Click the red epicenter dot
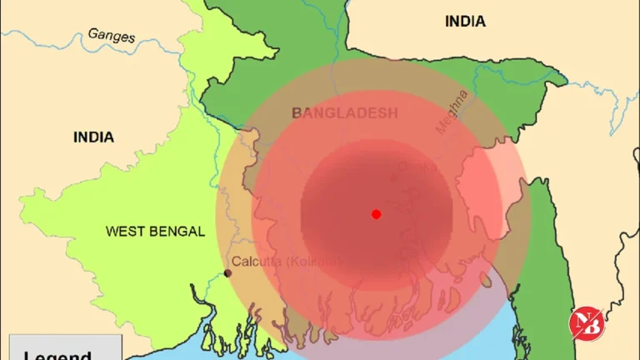[376, 214]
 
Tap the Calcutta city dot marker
[227, 273]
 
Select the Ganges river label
[111, 35]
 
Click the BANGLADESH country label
[344, 112]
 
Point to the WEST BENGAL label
[155, 232]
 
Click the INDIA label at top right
[465, 22]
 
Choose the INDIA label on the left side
[93, 137]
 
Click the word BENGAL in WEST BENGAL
[177, 232]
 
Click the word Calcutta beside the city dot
[254, 261]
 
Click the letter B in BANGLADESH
[296, 112]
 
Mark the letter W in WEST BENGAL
[111, 232]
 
